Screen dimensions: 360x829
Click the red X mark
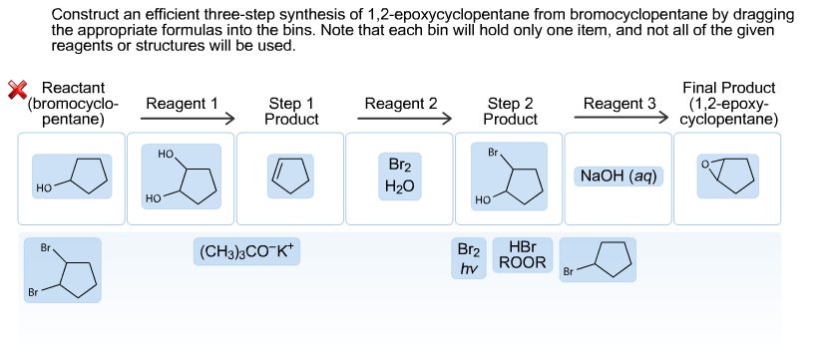[x=16, y=90]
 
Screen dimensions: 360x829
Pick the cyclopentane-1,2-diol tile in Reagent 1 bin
[x=182, y=178]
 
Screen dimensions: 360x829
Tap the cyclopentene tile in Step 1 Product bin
[x=290, y=177]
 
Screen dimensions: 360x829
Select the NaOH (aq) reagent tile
[x=618, y=176]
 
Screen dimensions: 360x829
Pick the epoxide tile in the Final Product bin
[x=727, y=176]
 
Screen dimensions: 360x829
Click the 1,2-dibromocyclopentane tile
[x=63, y=270]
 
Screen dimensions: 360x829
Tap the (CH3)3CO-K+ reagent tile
[x=245, y=250]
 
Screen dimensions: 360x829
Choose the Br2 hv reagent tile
[x=468, y=258]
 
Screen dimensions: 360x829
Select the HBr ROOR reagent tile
[x=522, y=255]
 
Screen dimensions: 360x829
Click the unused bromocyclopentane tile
[x=598, y=259]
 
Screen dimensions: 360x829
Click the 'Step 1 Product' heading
[x=291, y=111]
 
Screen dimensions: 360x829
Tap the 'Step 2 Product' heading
[x=510, y=111]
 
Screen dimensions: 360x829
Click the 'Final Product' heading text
[x=728, y=88]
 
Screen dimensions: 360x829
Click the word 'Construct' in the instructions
[x=82, y=15]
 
